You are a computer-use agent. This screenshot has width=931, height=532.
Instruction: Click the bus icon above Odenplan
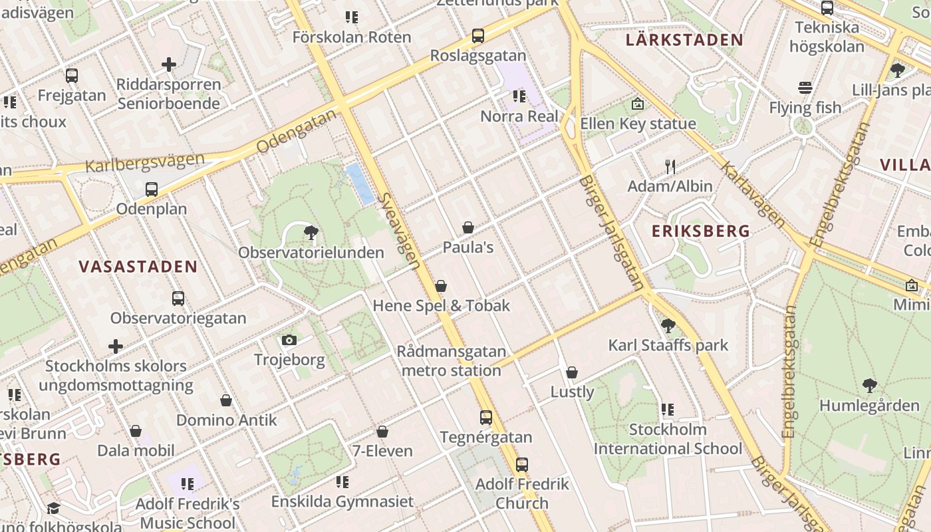coord(152,189)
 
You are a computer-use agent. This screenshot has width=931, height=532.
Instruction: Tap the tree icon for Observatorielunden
coord(310,233)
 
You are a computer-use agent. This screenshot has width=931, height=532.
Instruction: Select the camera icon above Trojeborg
coord(289,340)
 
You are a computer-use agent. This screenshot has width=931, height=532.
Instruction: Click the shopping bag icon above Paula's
coord(468,227)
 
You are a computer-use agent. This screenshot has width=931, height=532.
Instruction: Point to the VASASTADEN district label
coord(138,267)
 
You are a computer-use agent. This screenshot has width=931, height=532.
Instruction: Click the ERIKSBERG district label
coord(701,231)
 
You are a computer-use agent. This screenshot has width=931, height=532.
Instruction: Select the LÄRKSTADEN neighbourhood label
coord(684,40)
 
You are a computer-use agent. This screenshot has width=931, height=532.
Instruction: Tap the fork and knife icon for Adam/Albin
coord(670,166)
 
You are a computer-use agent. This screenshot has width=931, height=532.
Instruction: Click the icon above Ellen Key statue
coord(638,104)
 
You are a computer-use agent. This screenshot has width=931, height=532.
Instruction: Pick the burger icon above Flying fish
coord(805,88)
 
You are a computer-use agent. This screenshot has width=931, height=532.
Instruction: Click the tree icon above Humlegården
coord(869,385)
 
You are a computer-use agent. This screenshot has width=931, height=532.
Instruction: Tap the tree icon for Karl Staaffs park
coord(668,325)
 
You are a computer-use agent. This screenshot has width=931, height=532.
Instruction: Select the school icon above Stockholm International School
coord(668,410)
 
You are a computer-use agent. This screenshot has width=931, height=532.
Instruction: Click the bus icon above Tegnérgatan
coord(486,418)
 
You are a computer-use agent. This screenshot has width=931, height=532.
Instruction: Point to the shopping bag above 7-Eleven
coord(382,432)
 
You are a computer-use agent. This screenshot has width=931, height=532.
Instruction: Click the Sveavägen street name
coord(399,231)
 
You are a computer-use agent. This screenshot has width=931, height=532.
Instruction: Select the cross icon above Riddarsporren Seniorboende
coord(169,65)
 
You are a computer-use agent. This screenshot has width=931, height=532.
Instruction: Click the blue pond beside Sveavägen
coord(359,184)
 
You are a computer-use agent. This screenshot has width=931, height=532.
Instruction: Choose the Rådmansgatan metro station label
coord(452,361)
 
